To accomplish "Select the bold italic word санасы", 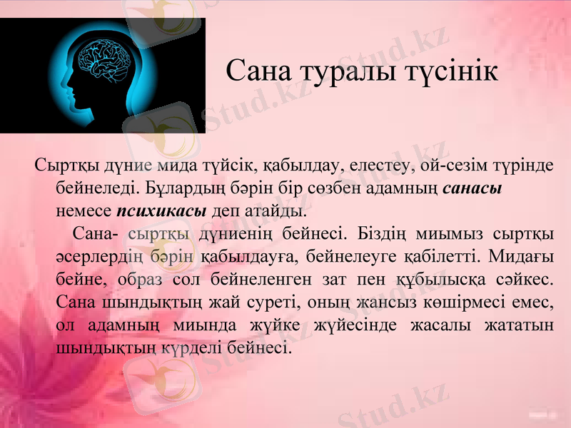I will point(473,189).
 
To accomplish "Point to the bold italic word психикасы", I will point(161,212).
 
